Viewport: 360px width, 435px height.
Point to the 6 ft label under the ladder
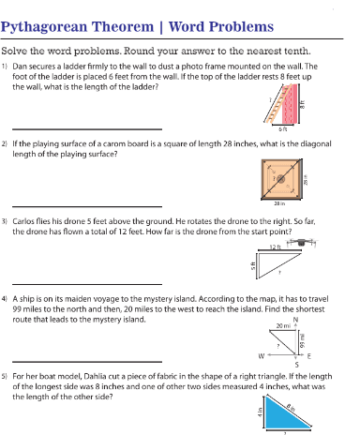pos(283,128)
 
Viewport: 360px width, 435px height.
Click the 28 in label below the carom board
pos(279,202)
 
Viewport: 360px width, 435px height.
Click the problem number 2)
pos(6,145)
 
